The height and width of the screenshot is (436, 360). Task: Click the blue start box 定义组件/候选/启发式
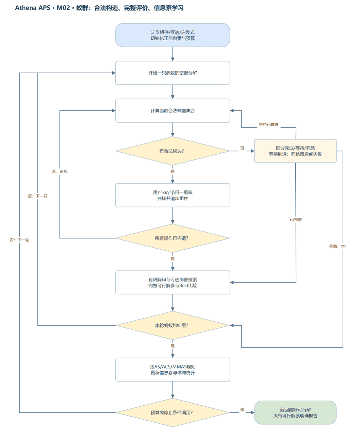[173, 35]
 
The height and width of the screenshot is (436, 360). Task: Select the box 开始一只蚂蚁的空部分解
[173, 73]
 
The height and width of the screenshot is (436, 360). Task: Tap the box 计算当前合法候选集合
[173, 111]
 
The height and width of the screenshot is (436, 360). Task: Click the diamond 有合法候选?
[173, 151]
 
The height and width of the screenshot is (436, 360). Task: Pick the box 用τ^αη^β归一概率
[173, 195]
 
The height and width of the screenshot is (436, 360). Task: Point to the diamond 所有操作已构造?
[173, 238]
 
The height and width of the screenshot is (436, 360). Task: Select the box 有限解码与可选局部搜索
[173, 282]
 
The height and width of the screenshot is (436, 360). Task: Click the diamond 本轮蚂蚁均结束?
[173, 325]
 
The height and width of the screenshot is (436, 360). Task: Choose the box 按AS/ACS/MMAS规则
[173, 370]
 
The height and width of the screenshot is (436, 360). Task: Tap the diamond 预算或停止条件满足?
[173, 412]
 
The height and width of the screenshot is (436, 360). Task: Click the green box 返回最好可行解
[295, 412]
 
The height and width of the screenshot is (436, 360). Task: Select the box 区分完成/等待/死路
[295, 151]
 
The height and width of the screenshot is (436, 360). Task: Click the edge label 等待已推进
[269, 125]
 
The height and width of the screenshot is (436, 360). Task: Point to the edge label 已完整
[296, 220]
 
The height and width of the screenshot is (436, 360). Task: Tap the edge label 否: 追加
[60, 171]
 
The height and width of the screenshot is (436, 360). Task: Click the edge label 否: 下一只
[37, 196]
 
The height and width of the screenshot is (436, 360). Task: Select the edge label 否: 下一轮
[19, 240]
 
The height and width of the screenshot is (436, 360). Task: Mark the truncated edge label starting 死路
[337, 246]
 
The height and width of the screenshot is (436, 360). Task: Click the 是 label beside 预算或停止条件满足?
[242, 410]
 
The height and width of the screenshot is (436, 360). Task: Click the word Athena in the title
[26, 8]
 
